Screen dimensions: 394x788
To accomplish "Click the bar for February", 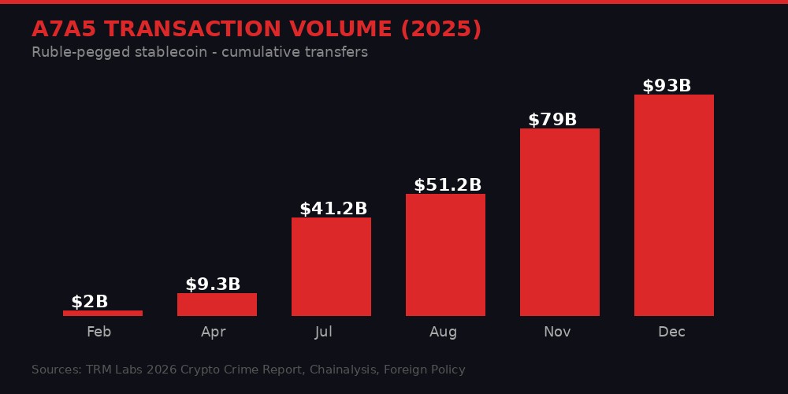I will pos(102,313).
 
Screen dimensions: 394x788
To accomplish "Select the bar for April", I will pos(217,304).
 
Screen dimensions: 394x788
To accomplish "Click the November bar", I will pos(559,222).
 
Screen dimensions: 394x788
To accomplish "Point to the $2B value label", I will pos(90,302).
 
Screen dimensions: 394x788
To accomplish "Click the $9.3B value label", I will pos(213,284).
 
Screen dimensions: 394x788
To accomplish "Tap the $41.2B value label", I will pos(333,209).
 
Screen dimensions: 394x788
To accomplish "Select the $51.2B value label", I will pos(448,185).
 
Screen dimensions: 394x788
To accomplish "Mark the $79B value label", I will pos(552,120).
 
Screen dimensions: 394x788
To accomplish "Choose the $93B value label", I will pos(667,86).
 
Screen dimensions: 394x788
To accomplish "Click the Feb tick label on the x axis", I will pos(98,332).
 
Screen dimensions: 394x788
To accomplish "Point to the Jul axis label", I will pos(323,332).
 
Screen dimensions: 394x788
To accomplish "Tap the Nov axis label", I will pos(557,332).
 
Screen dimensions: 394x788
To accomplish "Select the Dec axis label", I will pos(671,332).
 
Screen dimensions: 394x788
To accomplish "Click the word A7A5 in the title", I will pos(65,29).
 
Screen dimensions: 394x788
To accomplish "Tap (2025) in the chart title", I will pos(441,29).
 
